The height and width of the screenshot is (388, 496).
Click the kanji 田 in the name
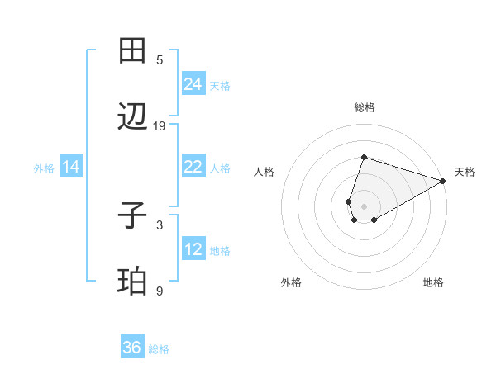(132, 51)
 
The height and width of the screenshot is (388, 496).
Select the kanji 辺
(132, 118)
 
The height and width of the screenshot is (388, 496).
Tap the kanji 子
(132, 216)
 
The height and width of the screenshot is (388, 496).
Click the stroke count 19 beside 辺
(160, 126)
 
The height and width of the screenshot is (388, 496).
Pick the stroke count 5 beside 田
(160, 59)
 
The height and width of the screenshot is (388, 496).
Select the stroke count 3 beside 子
(160, 225)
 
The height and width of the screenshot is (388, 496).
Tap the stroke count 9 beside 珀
(160, 291)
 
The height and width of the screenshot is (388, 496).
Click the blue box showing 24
(193, 84)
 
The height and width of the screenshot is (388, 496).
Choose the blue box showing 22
(193, 167)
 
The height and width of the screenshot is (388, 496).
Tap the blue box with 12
(193, 249)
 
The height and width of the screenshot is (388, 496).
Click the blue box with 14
(71, 167)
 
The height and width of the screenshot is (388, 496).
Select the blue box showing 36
(132, 348)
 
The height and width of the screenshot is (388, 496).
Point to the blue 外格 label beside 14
(44, 168)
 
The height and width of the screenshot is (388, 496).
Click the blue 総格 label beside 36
(159, 349)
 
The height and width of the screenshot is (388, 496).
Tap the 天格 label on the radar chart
(465, 172)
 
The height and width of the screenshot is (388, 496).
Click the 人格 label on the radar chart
(265, 172)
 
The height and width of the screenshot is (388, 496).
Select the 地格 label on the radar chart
(433, 282)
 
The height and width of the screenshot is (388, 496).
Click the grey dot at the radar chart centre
(364, 206)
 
